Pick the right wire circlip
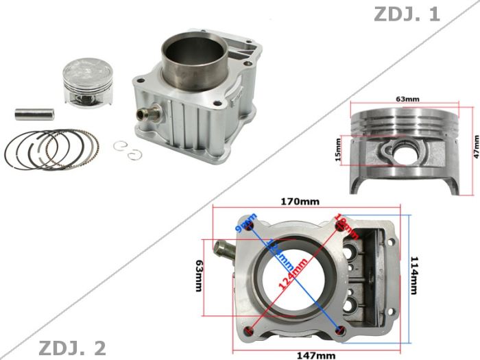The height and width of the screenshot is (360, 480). click(133, 156)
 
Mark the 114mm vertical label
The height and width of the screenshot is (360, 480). click(413, 274)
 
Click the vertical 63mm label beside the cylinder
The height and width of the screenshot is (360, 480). click(199, 274)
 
